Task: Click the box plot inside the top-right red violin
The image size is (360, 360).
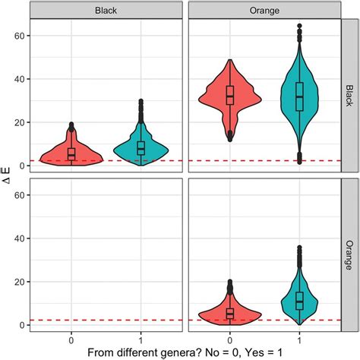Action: [229, 96]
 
